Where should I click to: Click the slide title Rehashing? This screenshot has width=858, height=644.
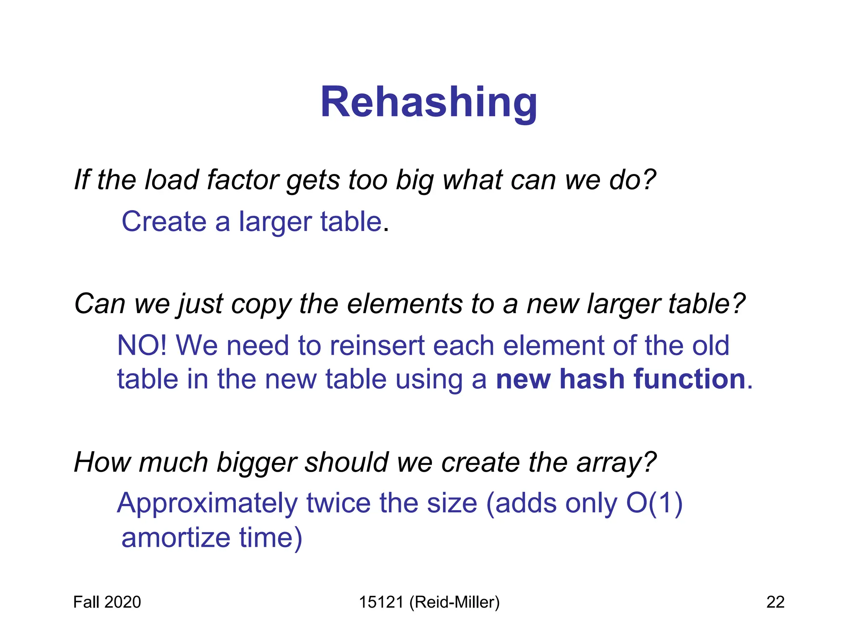click(x=429, y=103)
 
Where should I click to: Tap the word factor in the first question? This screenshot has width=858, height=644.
click(x=243, y=180)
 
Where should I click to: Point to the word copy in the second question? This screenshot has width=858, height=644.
click(x=261, y=304)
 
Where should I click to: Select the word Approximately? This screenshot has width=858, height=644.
click(x=207, y=504)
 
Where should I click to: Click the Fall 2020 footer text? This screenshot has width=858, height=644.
click(x=107, y=602)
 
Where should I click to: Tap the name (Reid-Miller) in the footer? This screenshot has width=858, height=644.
click(x=455, y=602)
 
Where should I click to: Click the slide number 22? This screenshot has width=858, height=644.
click(x=775, y=602)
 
